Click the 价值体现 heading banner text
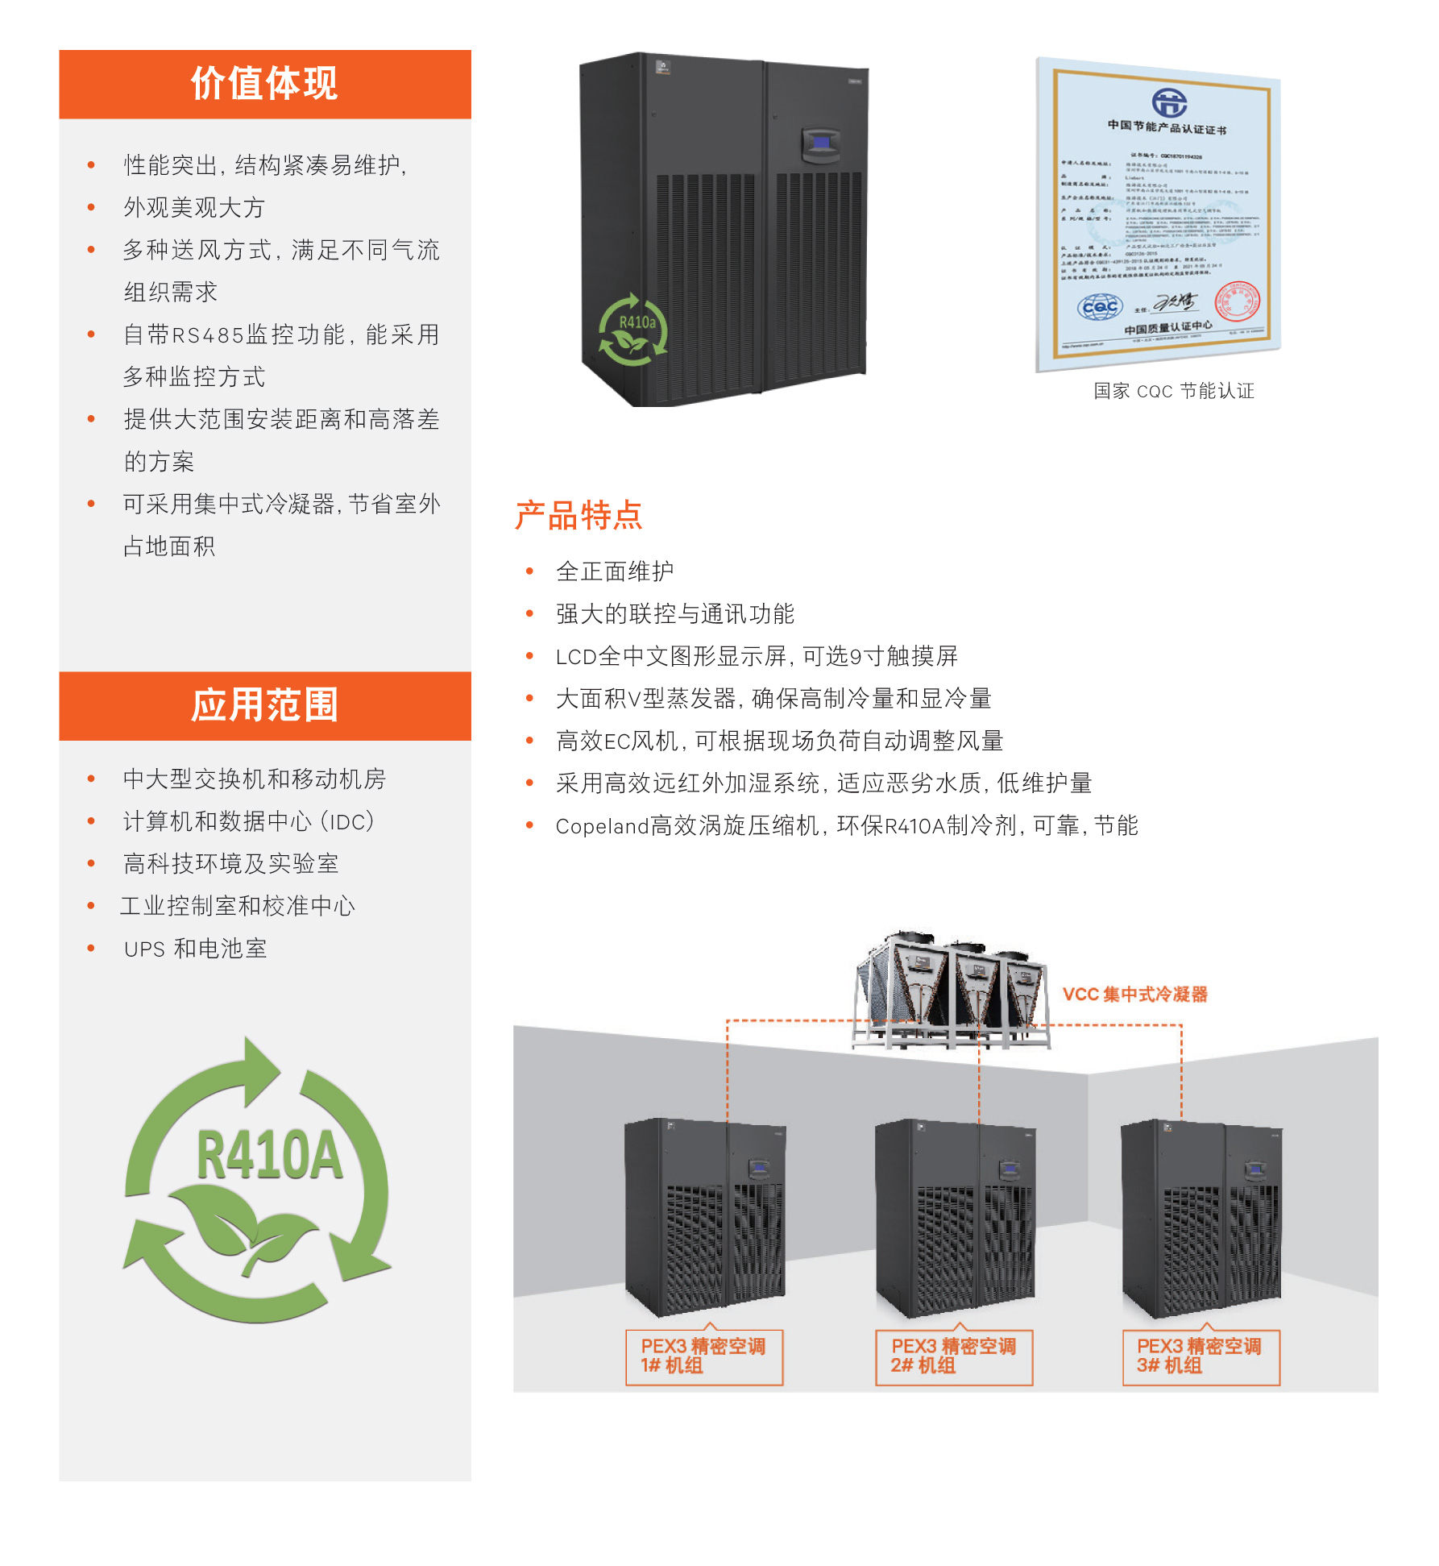pos(264,84)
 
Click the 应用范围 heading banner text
pos(264,705)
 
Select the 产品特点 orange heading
pos(579,515)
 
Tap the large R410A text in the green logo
pos(269,1156)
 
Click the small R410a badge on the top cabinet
pos(637,322)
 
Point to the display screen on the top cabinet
pos(821,143)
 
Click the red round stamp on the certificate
pos(1237,302)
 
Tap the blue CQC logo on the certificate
pos(1100,306)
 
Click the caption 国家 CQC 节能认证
pos(1173,391)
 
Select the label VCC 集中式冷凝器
pos(1134,995)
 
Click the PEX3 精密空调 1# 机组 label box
pos(703,1356)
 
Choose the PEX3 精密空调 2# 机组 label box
pos(954,1356)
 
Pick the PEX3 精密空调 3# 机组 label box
pos(1201,1356)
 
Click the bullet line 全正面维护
pos(614,571)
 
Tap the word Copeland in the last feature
pos(602,826)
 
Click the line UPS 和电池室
pos(195,949)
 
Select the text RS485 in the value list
pos(208,334)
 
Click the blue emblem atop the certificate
pos(1168,102)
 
